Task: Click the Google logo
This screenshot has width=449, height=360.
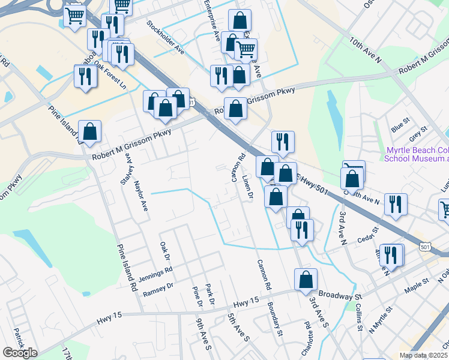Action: click(x=20, y=353)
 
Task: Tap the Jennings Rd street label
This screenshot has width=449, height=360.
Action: click(x=156, y=273)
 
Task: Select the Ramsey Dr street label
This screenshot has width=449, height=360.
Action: click(x=158, y=289)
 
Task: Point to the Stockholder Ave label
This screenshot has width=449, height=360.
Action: click(x=166, y=37)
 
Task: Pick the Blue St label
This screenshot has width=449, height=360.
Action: click(x=399, y=128)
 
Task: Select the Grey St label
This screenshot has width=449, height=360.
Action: click(x=418, y=131)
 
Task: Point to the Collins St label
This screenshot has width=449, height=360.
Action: click(x=358, y=316)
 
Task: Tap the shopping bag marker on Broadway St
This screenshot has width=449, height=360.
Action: click(x=306, y=280)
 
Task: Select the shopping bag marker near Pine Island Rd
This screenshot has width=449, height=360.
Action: click(x=89, y=133)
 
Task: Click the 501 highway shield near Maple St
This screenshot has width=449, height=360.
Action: click(x=426, y=247)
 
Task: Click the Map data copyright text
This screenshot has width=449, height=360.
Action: click(x=423, y=355)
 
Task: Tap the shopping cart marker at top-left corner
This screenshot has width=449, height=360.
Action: click(x=74, y=16)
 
